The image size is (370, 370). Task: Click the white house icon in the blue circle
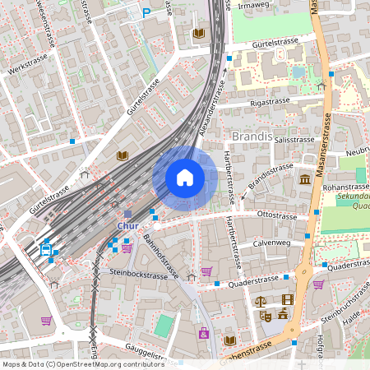[185, 178]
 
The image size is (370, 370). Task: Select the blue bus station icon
[47, 249]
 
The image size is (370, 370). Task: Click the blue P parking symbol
[147, 12]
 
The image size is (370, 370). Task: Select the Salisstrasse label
[282, 141]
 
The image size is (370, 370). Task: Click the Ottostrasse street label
[276, 215]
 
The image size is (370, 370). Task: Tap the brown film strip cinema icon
[287, 300]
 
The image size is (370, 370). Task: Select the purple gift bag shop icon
[203, 333]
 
